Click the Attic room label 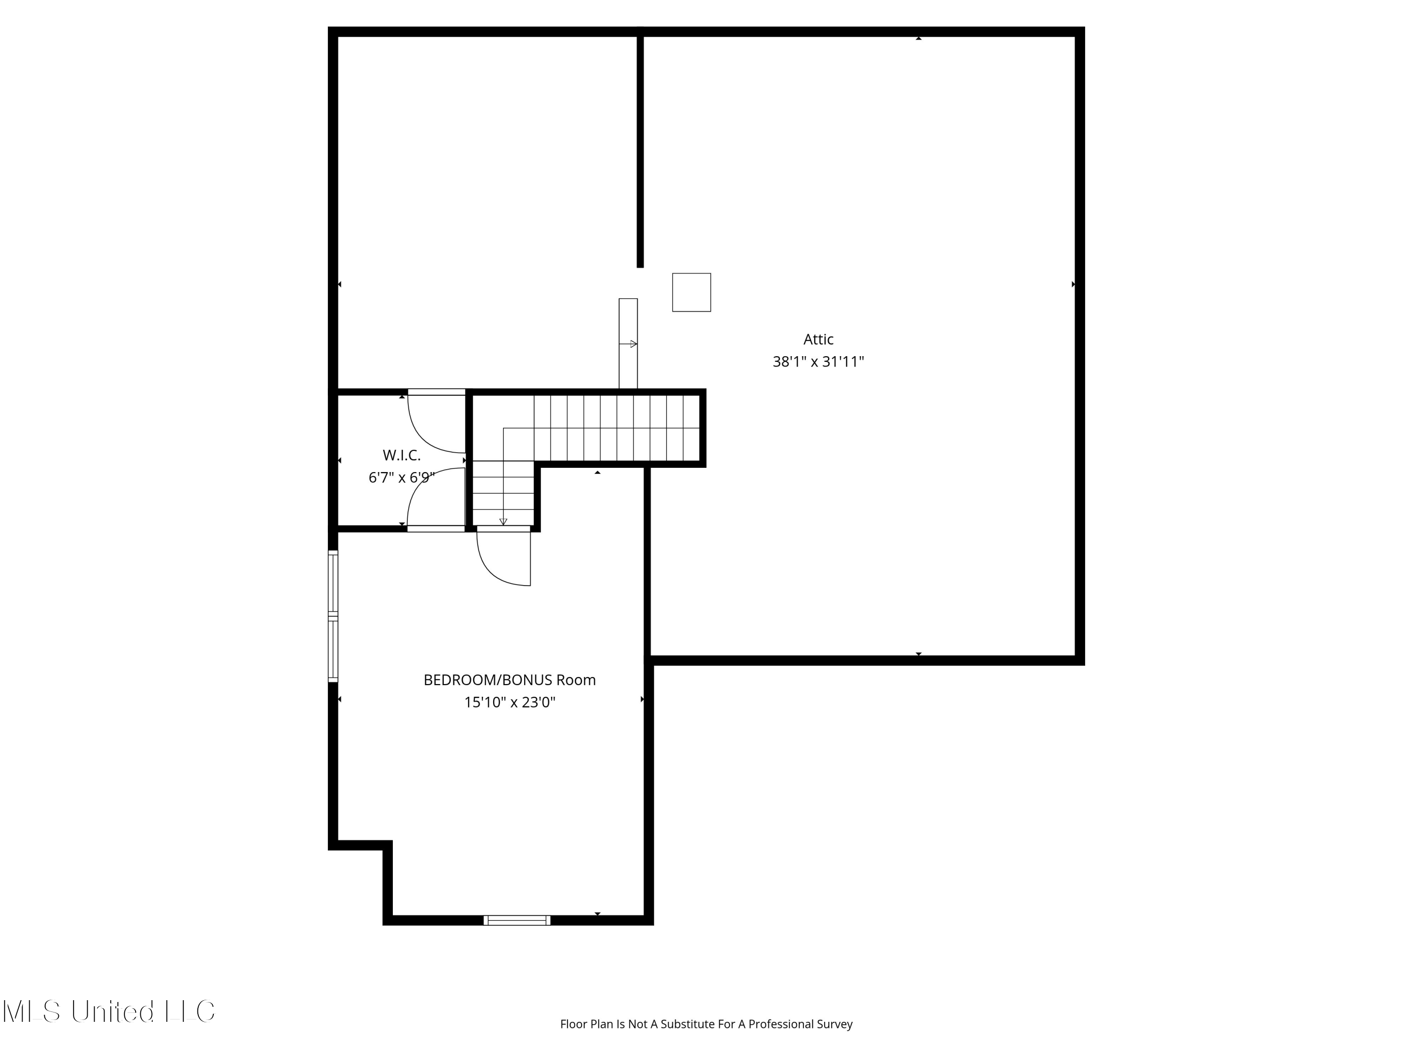[x=818, y=339]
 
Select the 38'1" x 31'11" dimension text [x=818, y=362]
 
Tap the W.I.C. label [x=402, y=456]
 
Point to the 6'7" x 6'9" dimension [x=402, y=477]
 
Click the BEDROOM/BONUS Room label [x=510, y=680]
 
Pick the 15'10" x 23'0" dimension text [x=510, y=702]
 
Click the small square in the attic [x=692, y=293]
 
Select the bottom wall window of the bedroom [x=517, y=920]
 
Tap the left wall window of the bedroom [x=333, y=616]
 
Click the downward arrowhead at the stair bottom [x=503, y=522]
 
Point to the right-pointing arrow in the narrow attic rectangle [x=628, y=344]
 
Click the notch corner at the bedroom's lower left [x=388, y=845]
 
